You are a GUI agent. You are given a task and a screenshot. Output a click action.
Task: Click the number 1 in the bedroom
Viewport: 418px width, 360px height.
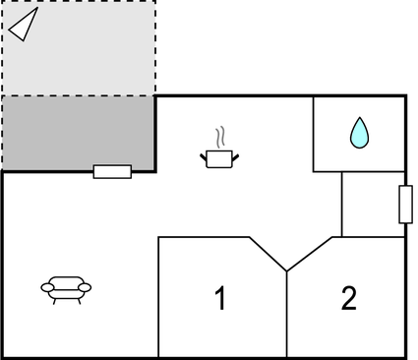click(220, 298)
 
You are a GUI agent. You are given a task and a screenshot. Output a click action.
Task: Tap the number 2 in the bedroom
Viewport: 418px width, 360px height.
click(348, 298)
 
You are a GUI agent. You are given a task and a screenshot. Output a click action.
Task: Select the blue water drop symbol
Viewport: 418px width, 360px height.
click(358, 133)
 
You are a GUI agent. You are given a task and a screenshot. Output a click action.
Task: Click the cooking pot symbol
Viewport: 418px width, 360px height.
click(219, 157)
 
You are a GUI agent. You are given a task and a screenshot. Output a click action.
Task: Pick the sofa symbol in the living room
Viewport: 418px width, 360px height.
click(66, 287)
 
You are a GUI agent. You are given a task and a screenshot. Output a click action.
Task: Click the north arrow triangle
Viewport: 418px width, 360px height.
click(23, 25)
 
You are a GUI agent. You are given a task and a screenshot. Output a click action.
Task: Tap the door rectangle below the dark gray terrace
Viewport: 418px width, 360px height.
click(112, 172)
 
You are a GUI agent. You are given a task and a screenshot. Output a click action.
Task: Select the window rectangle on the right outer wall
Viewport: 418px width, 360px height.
click(404, 204)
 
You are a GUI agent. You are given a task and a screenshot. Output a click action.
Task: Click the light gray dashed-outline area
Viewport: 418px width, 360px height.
click(78, 49)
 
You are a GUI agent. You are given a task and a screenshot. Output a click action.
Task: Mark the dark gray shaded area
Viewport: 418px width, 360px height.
click(78, 133)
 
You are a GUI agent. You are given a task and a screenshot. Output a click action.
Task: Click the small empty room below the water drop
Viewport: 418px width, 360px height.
click(372, 204)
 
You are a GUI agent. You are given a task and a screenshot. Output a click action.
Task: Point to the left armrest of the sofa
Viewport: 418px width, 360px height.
click(46, 287)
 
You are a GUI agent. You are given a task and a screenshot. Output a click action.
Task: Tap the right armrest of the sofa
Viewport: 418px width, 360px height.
click(86, 287)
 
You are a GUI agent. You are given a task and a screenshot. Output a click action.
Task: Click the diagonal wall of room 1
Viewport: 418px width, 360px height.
click(267, 253)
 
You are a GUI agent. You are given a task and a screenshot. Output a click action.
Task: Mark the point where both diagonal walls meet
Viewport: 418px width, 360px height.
click(286, 270)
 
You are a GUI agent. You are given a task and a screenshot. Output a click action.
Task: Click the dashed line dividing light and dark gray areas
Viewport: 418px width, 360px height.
click(78, 95)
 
